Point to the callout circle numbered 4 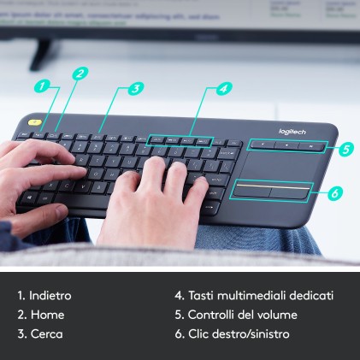coord(223,87)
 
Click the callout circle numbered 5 coord(345,148)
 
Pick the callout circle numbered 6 coord(334,193)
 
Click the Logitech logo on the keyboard coord(292,131)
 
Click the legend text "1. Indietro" coord(44,295)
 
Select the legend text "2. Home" coord(40,315)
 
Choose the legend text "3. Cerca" coord(40,333)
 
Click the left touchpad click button coord(251,189)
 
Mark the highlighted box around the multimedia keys coord(180,140)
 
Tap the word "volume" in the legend coord(279,315)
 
